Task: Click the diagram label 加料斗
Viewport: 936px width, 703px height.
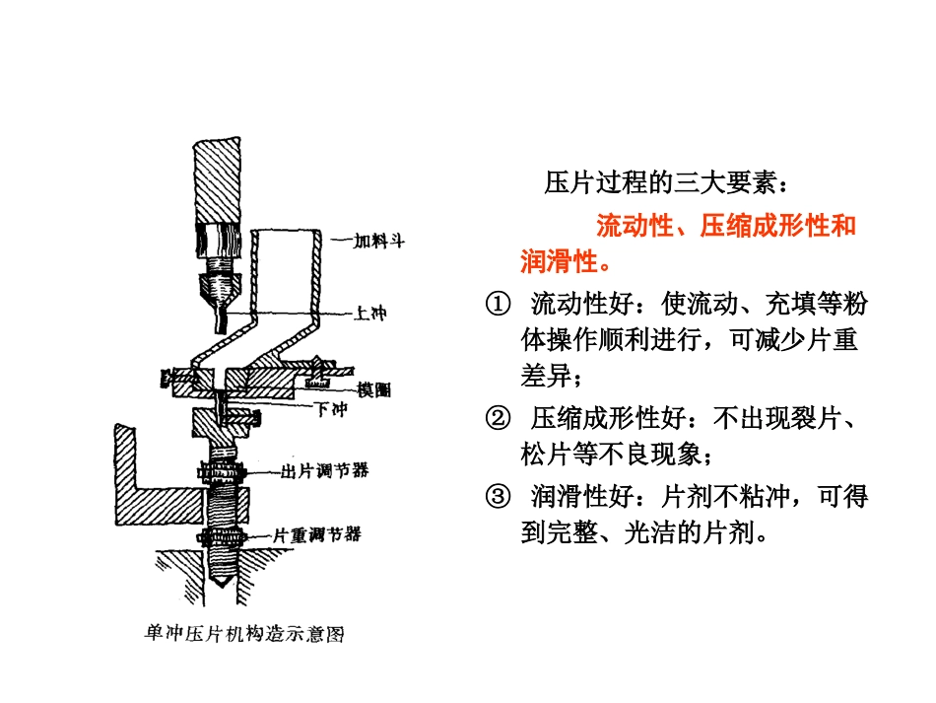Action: pos(379,241)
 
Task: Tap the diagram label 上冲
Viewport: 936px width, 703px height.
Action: pos(370,313)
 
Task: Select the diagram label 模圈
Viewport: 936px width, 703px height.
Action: pos(373,389)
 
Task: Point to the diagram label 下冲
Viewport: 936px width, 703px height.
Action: pos(331,409)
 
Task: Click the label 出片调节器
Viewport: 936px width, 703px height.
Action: pos(325,470)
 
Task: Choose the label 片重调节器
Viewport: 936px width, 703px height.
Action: pos(317,534)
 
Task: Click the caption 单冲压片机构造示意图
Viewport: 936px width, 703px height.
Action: pos(244,634)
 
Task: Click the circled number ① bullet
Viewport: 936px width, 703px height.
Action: pos(498,304)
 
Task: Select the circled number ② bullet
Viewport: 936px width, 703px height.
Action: pos(498,419)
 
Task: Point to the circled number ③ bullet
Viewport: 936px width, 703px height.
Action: pos(498,496)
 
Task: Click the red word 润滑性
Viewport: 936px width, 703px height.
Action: pos(559,261)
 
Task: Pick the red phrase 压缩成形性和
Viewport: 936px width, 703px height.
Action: pos(778,226)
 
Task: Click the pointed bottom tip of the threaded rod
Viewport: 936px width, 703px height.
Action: pos(222,586)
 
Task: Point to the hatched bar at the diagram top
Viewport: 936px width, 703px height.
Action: pos(217,180)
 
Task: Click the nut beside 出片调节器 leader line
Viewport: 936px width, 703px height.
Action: pos(222,472)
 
